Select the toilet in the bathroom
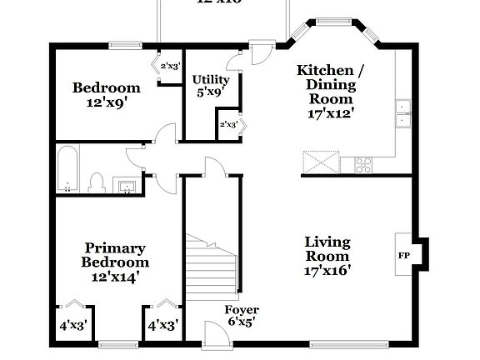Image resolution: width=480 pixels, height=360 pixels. coord(96,182)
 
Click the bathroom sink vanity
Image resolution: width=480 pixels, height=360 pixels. coord(127,185)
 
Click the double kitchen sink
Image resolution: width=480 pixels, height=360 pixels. coord(403,114)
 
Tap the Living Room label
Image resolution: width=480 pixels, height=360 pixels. coord(327,249)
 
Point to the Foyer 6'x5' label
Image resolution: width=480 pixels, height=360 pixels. coord(242,315)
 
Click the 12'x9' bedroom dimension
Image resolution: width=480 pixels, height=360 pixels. coord(106,104)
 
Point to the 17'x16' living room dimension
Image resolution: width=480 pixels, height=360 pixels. coord(327,269)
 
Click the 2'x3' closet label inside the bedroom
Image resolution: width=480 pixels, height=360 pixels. coord(169,65)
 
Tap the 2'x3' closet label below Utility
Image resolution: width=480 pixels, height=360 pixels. coord(227,124)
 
